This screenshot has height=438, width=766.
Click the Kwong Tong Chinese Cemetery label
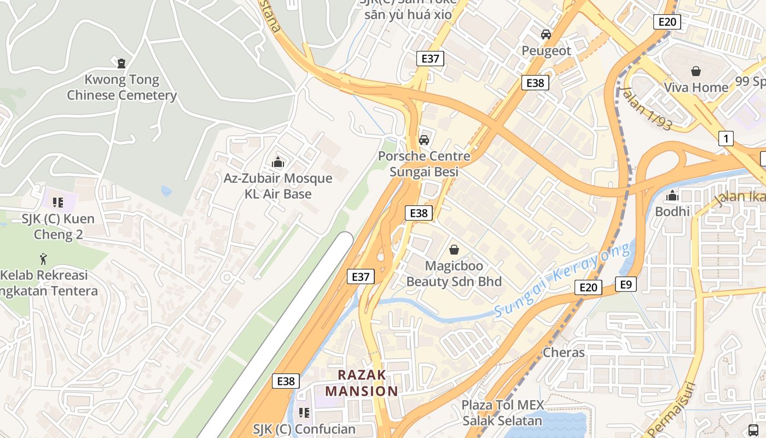pyautogui.click(x=121, y=88)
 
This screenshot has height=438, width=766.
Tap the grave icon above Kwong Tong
pyautogui.click(x=121, y=63)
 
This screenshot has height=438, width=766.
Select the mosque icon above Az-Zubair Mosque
pyautogui.click(x=278, y=162)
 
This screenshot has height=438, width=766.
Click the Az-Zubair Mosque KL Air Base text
pyautogui.click(x=278, y=186)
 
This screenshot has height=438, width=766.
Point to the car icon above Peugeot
pyautogui.click(x=546, y=34)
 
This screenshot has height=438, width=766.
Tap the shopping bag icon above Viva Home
pyautogui.click(x=696, y=71)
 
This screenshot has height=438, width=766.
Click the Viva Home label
pyautogui.click(x=696, y=88)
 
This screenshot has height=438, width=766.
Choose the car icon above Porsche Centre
pyautogui.click(x=423, y=140)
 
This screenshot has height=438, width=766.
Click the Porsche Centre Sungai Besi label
pyautogui.click(x=423, y=164)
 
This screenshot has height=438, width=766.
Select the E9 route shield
pyautogui.click(x=626, y=284)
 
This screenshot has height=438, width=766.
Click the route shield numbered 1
pyautogui.click(x=726, y=139)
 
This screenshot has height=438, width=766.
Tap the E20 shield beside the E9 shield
pyautogui.click(x=588, y=287)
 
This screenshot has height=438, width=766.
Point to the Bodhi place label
pyautogui.click(x=672, y=211)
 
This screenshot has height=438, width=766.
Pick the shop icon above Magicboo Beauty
pyautogui.click(x=454, y=250)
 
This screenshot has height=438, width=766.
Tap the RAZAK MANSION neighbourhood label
pyautogui.click(x=362, y=383)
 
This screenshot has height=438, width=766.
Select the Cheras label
pyautogui.click(x=564, y=353)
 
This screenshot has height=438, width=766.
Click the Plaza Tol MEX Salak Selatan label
pyautogui.click(x=502, y=413)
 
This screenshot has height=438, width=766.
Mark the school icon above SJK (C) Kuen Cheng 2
pyautogui.click(x=58, y=202)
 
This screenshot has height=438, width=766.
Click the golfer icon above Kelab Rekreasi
pyautogui.click(x=43, y=258)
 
